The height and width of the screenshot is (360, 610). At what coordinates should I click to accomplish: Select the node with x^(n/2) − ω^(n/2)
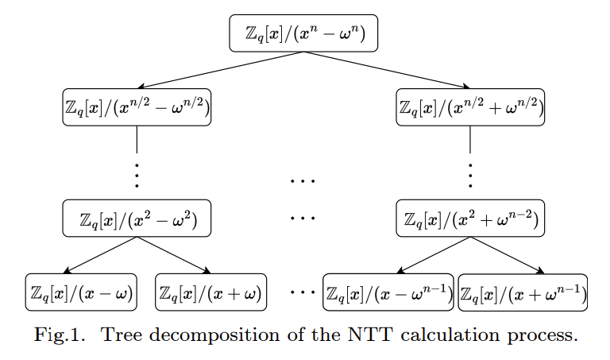[137, 107]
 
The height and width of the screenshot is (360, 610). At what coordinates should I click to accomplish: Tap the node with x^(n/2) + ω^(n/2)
[470, 107]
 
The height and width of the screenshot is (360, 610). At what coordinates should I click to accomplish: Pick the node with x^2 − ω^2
[137, 218]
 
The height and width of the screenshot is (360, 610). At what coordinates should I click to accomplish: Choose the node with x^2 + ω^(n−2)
[470, 218]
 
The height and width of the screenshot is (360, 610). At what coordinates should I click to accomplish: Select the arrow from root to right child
[387, 70]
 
